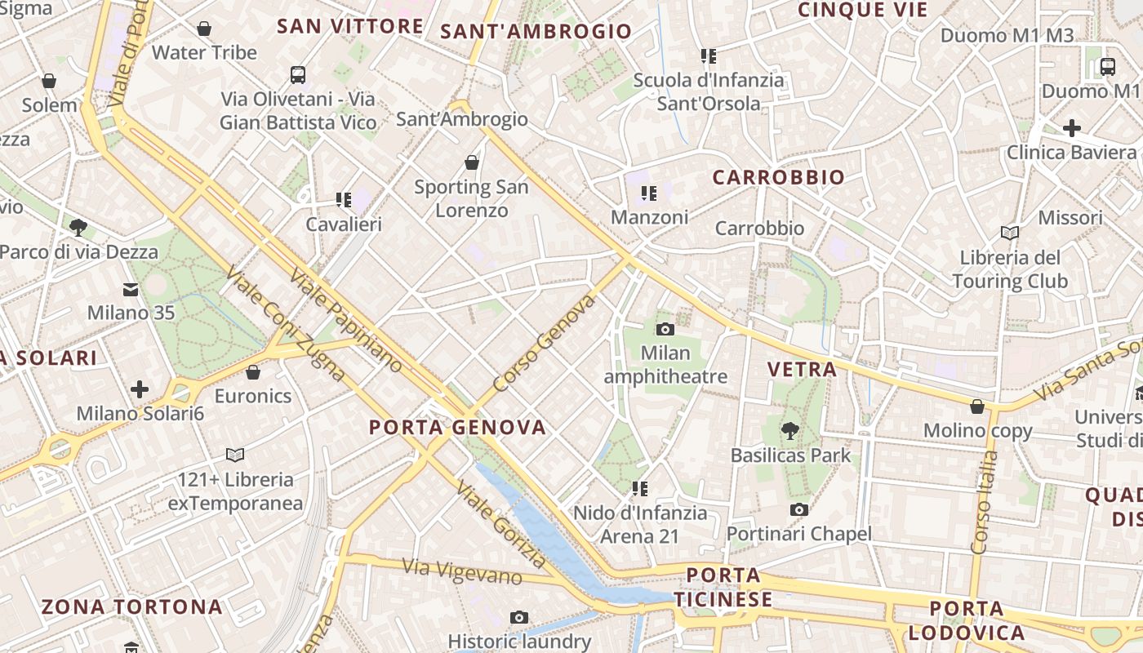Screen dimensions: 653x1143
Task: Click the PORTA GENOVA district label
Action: tap(457, 427)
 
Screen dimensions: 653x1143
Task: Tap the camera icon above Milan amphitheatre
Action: tap(665, 329)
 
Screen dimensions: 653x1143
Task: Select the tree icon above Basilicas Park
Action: tap(789, 430)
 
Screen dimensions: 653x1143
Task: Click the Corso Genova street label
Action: tap(545, 344)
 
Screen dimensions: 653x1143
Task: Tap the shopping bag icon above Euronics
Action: tap(253, 372)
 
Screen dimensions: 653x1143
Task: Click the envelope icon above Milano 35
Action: tap(131, 289)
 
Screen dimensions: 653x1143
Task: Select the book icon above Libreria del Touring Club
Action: tap(1010, 233)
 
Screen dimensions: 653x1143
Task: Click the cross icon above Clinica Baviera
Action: tap(1071, 128)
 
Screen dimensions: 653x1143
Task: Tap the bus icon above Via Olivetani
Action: tap(298, 75)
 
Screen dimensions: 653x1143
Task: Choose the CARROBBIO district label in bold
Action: tap(778, 177)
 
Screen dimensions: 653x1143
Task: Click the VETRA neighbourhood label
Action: tap(802, 369)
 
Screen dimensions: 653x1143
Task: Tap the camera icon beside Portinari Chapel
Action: tap(799, 509)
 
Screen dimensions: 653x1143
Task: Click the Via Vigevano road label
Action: tap(462, 571)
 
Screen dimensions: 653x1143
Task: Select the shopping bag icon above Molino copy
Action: tap(977, 406)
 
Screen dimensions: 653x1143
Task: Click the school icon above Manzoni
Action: tap(649, 193)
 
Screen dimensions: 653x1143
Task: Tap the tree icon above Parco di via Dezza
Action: tap(78, 227)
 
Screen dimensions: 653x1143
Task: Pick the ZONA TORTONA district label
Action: tap(131, 606)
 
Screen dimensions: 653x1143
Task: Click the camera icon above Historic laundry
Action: tap(518, 617)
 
